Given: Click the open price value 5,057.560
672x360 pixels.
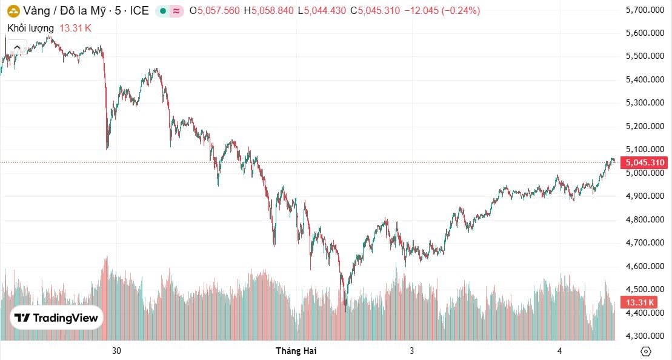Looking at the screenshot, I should (218, 10).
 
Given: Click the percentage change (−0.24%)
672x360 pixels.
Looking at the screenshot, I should (459, 10).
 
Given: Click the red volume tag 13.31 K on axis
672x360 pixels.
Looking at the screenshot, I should (640, 302).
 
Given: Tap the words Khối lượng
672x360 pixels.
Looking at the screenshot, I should (30, 28).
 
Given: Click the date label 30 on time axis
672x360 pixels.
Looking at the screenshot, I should (117, 351).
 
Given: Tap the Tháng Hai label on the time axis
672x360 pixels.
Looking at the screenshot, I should (296, 351).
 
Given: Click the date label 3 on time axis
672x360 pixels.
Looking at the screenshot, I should (411, 351).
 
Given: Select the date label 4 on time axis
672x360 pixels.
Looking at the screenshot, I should (560, 351).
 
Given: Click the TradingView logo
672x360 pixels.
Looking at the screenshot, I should (56, 318).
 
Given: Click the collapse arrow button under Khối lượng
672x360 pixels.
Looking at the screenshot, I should (16, 47).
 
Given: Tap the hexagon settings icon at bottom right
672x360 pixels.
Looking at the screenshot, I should (645, 351).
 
